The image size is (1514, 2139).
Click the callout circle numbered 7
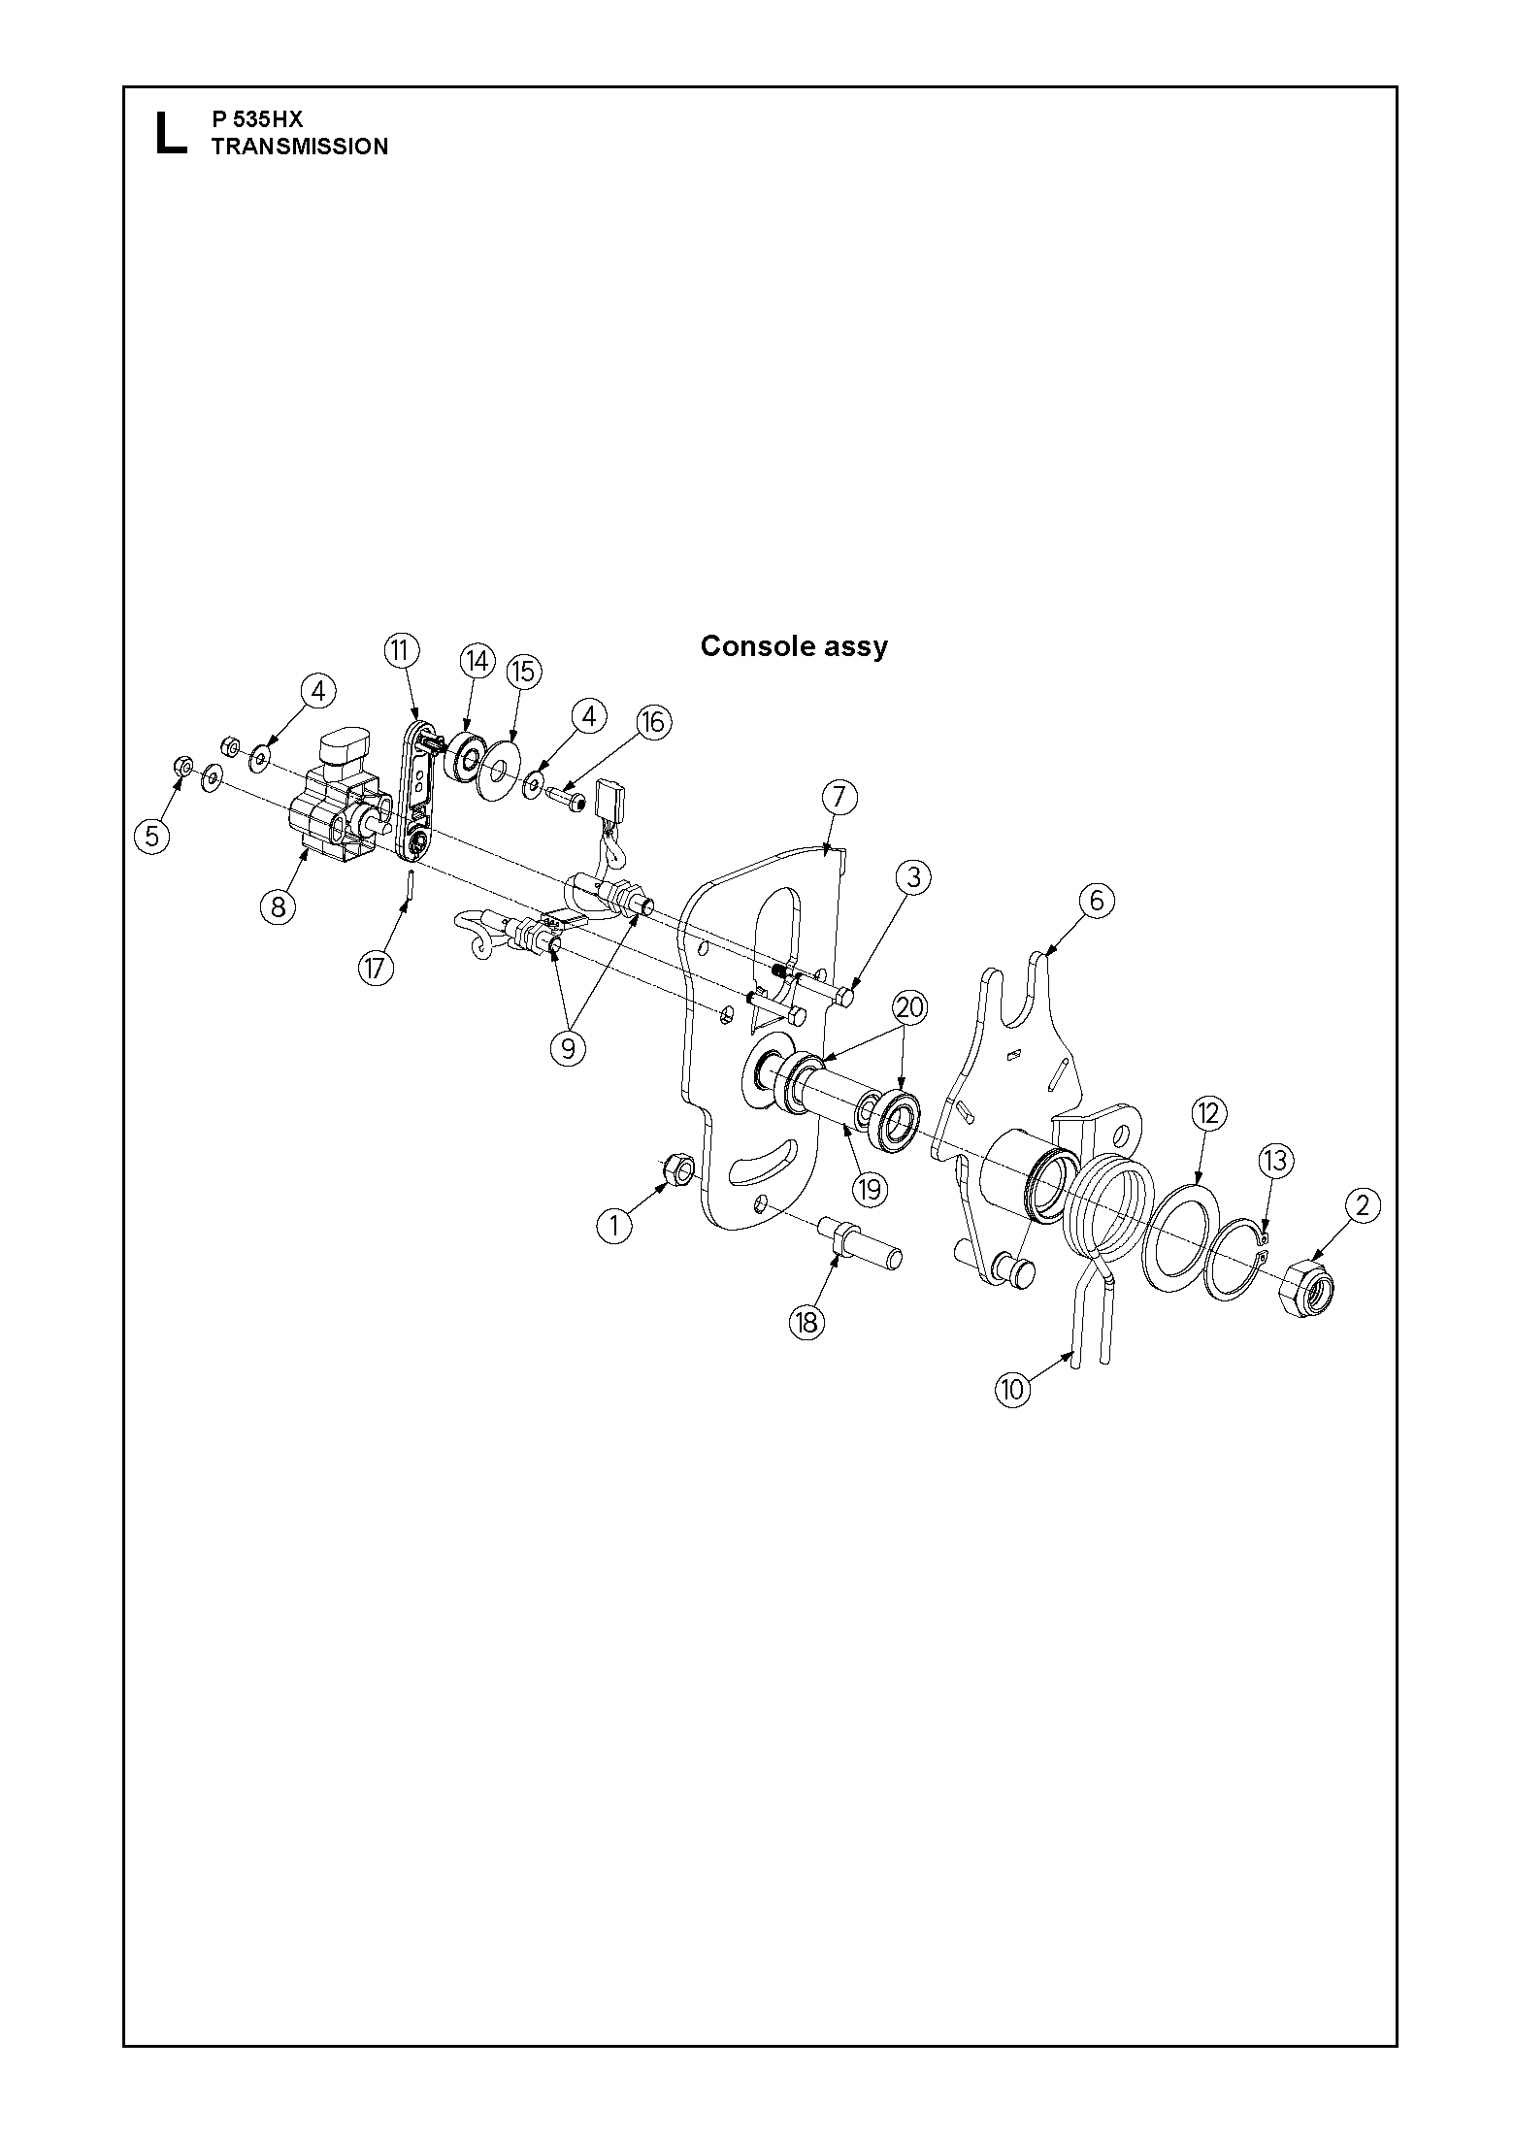pyautogui.click(x=839, y=798)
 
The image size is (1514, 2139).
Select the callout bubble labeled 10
pyautogui.click(x=1012, y=1389)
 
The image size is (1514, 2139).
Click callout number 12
pyautogui.click(x=1208, y=1114)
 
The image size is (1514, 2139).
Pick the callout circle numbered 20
pyautogui.click(x=909, y=1007)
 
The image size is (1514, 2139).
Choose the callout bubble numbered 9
pyautogui.click(x=568, y=1048)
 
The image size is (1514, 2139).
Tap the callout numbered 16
pyautogui.click(x=653, y=721)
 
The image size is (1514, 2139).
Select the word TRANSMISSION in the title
pyautogui.click(x=300, y=147)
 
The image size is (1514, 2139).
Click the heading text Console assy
pyautogui.click(x=794, y=646)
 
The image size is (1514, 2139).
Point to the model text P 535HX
pyautogui.click(x=257, y=119)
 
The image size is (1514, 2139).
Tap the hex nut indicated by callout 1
pyautogui.click(x=678, y=1171)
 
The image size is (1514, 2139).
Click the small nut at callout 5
pyautogui.click(x=181, y=767)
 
